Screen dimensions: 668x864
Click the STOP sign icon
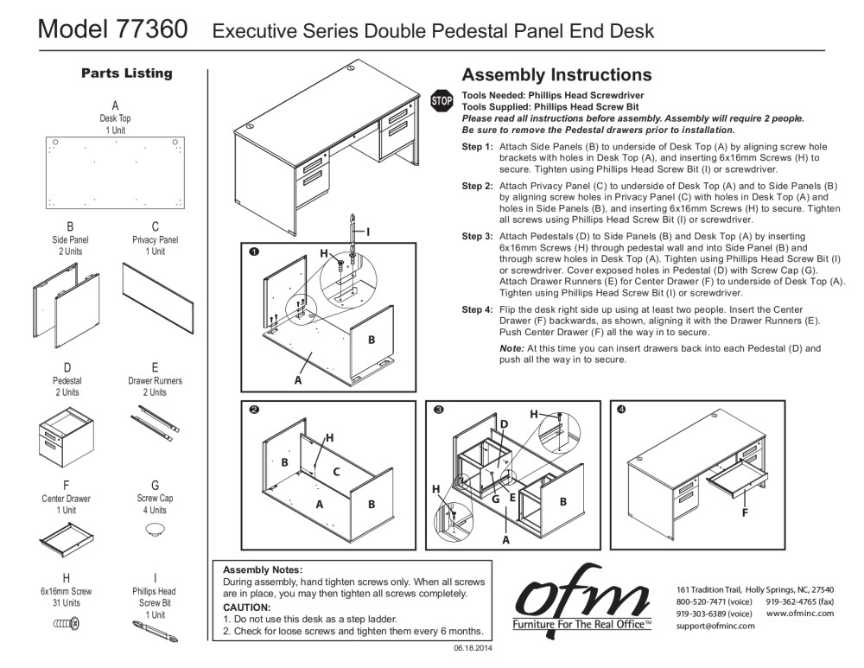click(442, 101)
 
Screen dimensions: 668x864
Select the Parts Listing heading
click(126, 73)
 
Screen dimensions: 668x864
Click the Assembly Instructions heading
click(557, 75)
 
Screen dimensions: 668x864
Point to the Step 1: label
click(478, 147)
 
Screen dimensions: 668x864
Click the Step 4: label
click(478, 310)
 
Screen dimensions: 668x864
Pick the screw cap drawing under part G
click(156, 529)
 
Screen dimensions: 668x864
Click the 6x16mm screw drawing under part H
click(67, 621)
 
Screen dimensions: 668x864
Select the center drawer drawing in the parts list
click(66, 543)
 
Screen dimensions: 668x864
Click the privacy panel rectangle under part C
click(156, 292)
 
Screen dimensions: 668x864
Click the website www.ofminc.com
click(799, 613)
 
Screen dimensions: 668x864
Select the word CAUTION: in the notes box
click(248, 608)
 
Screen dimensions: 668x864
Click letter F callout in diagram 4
click(744, 513)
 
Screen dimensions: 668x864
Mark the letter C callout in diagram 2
click(336, 471)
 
